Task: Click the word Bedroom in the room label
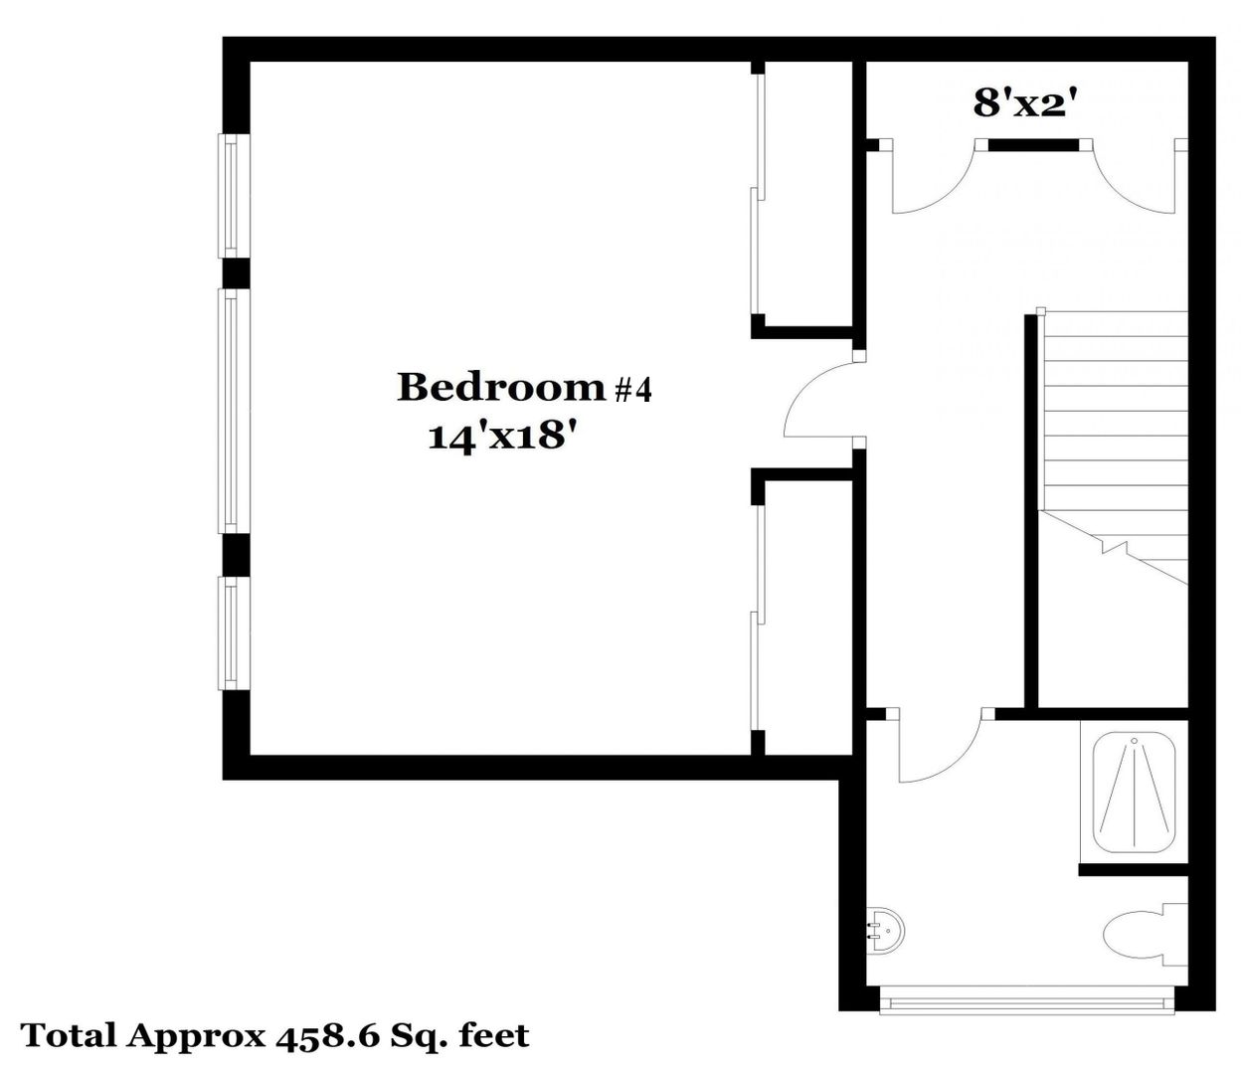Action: pyautogui.click(x=501, y=387)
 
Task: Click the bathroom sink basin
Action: pyautogui.click(x=885, y=931)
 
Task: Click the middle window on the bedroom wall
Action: pyautogui.click(x=234, y=412)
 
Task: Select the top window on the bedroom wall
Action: pyautogui.click(x=234, y=196)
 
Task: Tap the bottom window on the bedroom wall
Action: pyautogui.click(x=234, y=633)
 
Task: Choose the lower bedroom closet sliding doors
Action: pyautogui.click(x=758, y=619)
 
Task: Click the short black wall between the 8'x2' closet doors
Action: pyautogui.click(x=1033, y=144)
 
